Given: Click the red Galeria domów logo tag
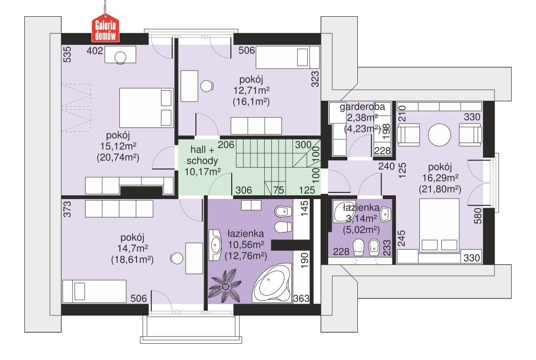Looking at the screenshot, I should (106, 30).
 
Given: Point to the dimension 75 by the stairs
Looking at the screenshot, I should (279, 190).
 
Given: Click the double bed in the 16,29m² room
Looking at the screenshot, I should (439, 225).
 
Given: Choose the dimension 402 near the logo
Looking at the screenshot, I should (96, 51).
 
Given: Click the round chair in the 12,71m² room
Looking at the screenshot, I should (206, 86).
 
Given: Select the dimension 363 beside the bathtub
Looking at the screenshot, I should (301, 298).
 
